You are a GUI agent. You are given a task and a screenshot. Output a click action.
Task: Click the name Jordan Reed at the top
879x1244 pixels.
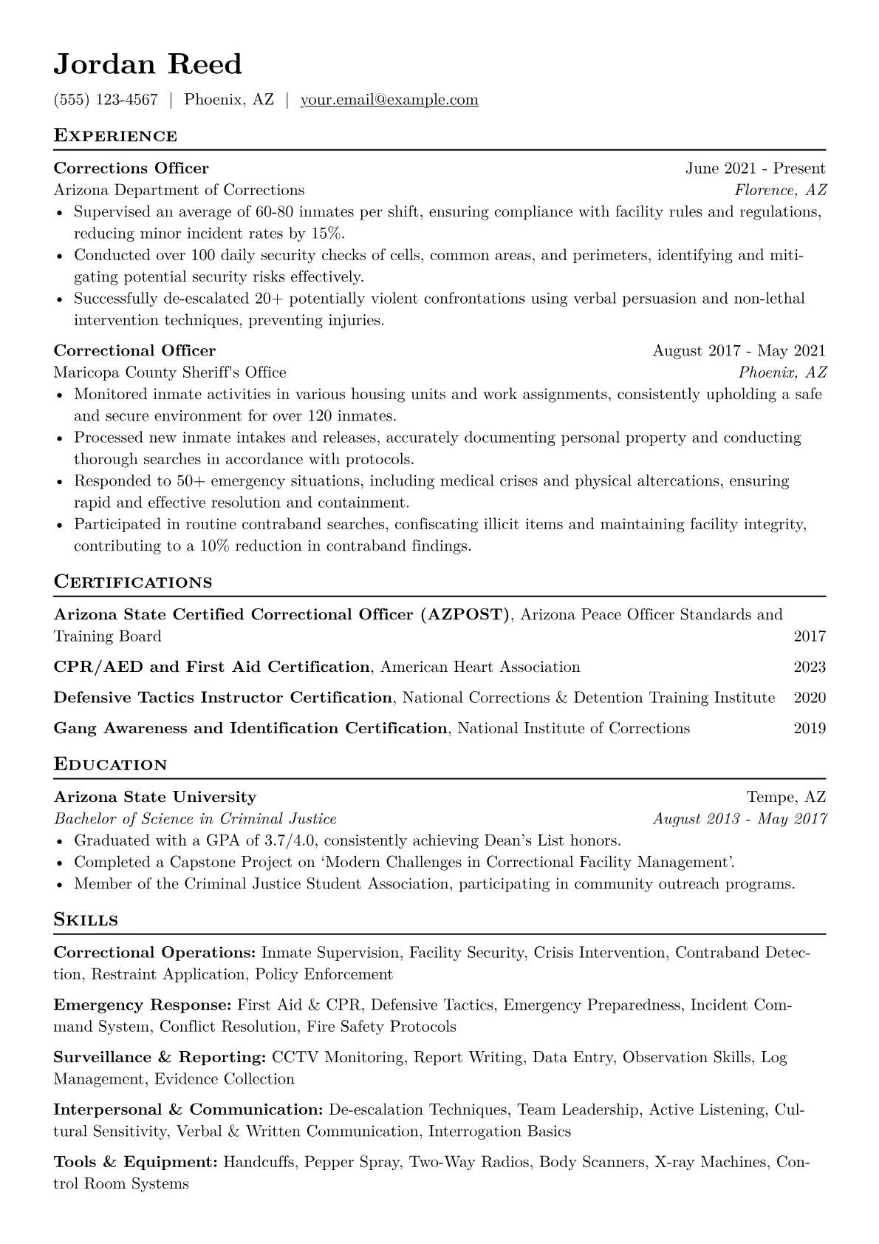(148, 64)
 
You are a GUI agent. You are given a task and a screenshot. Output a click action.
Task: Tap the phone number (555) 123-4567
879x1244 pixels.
(106, 100)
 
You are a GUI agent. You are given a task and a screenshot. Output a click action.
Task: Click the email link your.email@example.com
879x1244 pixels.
(389, 100)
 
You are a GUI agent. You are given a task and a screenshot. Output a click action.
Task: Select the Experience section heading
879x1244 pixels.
(115, 136)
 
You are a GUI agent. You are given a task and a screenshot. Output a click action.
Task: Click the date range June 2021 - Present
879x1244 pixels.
(755, 169)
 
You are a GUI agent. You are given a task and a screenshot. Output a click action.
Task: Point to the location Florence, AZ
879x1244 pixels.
(780, 190)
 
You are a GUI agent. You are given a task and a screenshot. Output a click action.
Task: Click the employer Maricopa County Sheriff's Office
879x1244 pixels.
(170, 373)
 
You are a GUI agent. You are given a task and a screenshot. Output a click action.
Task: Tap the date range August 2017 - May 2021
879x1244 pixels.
(739, 351)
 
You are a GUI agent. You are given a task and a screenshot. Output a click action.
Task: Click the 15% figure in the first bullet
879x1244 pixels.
(326, 234)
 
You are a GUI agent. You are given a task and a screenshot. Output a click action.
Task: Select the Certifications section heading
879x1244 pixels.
(133, 582)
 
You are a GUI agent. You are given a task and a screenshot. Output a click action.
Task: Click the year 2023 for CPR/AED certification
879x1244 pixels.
(810, 667)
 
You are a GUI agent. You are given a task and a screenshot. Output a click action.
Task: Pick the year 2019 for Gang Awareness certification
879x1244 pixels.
(810, 729)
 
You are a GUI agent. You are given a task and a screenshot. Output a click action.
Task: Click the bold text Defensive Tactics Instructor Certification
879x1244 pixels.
(223, 698)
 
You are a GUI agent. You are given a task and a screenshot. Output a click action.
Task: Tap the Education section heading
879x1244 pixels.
(111, 765)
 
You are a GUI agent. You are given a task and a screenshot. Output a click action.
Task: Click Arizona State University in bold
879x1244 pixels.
(155, 798)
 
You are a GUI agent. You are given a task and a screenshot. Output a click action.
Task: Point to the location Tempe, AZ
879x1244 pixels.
(786, 798)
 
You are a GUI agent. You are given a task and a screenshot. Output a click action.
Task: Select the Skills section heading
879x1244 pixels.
(86, 920)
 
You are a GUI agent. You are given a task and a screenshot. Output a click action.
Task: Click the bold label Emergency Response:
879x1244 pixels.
(143, 1005)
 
